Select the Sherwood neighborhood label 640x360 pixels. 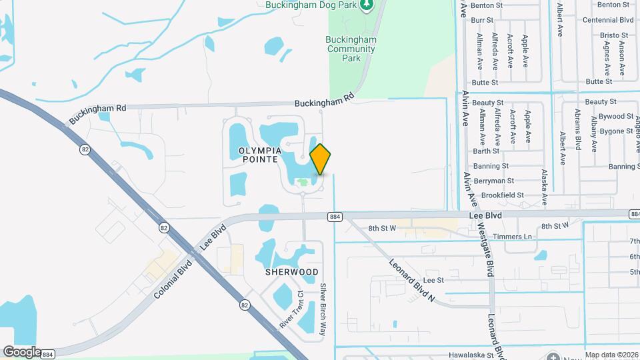[291, 272]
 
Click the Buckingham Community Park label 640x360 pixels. [351, 49]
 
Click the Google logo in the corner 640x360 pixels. [22, 351]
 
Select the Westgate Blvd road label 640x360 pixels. [485, 249]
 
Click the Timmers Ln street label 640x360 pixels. [518, 237]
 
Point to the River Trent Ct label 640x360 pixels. [291, 309]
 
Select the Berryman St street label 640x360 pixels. [493, 181]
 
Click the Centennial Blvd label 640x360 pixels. [607, 20]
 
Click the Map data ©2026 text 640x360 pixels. [611, 355]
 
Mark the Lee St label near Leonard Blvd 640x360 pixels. [433, 281]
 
